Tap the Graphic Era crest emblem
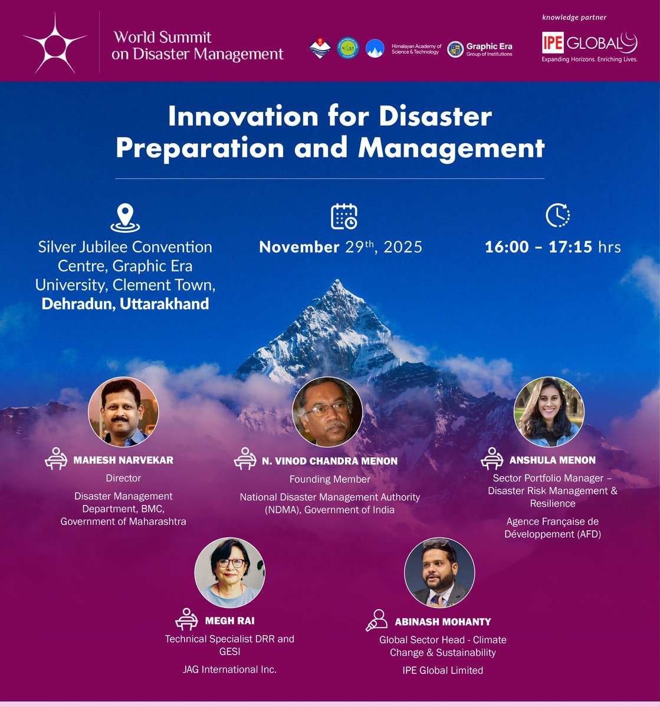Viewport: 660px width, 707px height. coord(455,49)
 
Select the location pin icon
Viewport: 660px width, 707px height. coord(125,217)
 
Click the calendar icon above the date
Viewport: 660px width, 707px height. coord(343,216)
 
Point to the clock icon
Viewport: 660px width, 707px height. coord(557,216)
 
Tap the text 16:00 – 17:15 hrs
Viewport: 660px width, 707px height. coord(553,246)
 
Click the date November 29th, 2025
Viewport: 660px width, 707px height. coord(341,246)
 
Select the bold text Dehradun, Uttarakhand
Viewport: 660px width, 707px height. coord(125,304)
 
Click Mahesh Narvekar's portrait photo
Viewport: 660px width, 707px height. coord(123,412)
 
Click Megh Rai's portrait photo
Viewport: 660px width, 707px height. coord(229,572)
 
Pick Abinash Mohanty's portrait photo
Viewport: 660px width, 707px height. coord(439,572)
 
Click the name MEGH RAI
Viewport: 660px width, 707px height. coord(229,620)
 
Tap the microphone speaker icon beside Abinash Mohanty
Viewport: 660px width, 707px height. coord(376,620)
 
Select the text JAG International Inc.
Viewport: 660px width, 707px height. coord(229,669)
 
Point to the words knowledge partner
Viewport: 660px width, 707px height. coord(574,18)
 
